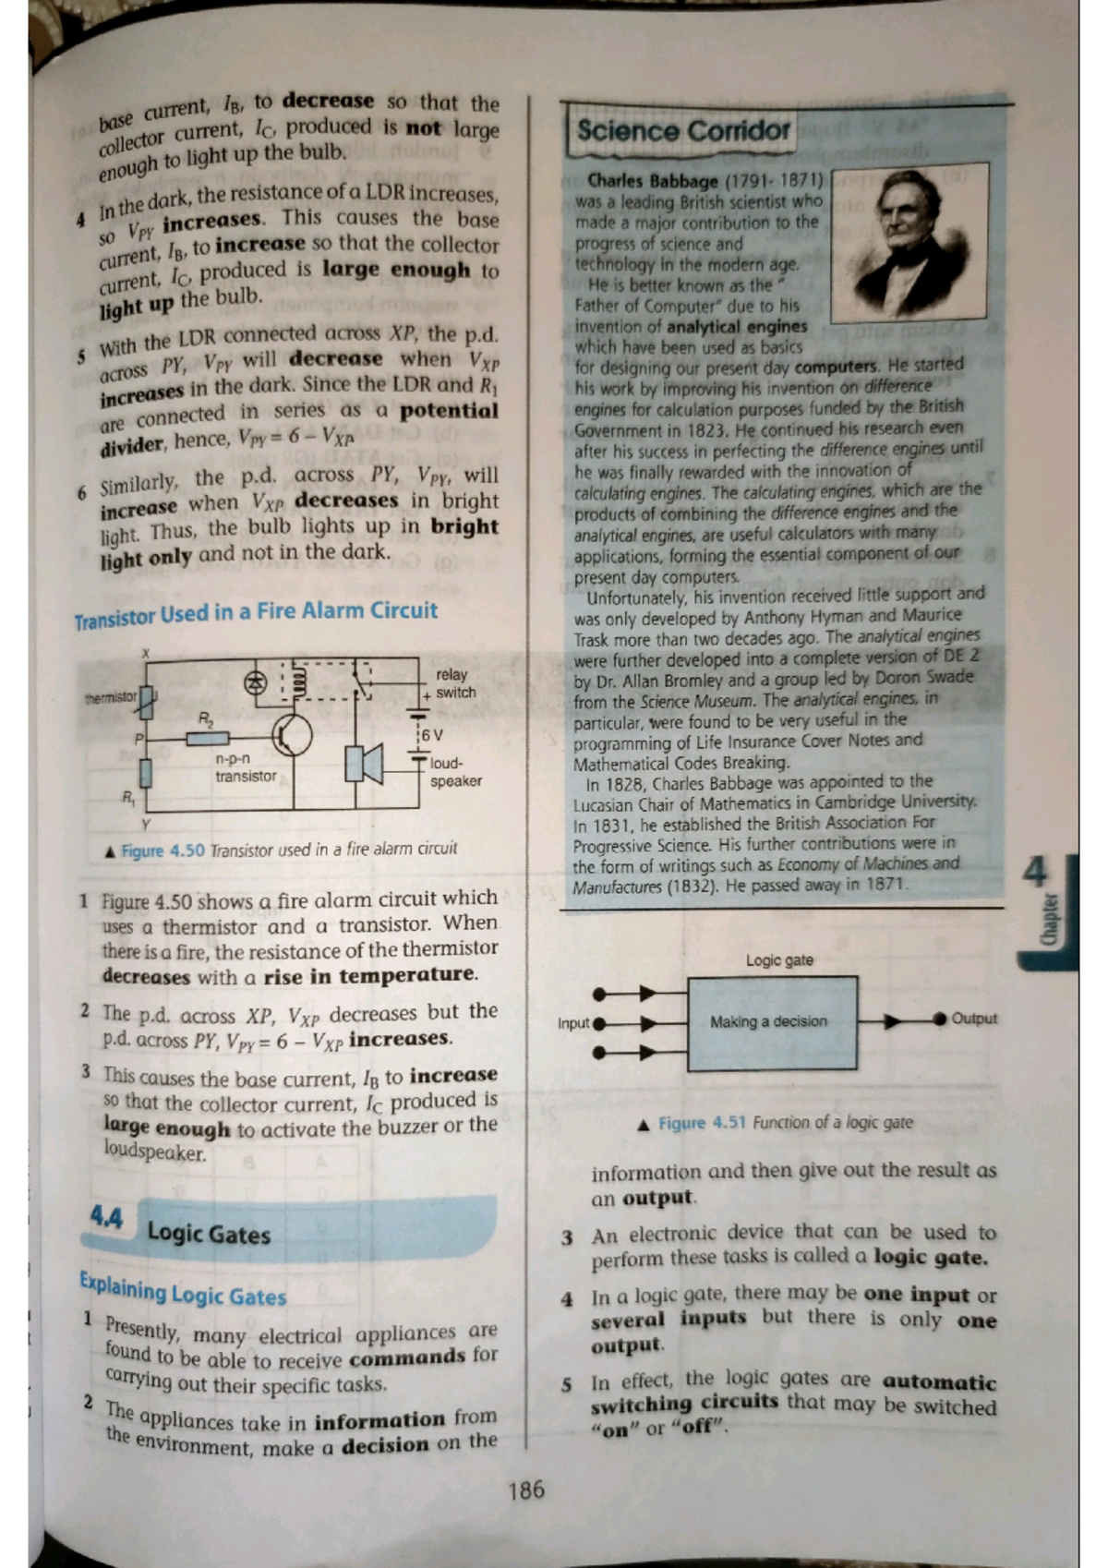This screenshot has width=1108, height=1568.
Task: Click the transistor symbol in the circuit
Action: pyautogui.click(x=292, y=736)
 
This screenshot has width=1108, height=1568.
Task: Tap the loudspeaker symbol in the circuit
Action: pyautogui.click(x=364, y=764)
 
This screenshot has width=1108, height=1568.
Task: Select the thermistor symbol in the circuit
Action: pyautogui.click(x=147, y=702)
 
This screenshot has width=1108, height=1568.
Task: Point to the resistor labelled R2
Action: pyautogui.click(x=208, y=738)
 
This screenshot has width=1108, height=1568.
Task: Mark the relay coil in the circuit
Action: pyautogui.click(x=297, y=680)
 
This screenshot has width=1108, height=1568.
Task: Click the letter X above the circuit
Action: pyautogui.click(x=146, y=653)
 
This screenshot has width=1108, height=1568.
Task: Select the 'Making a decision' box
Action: pyautogui.click(x=772, y=1022)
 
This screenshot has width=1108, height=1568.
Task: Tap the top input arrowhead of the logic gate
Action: pyautogui.click(x=649, y=994)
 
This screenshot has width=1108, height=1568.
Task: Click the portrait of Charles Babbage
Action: pyautogui.click(x=909, y=244)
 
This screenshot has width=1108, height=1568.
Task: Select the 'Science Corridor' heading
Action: pyautogui.click(x=683, y=131)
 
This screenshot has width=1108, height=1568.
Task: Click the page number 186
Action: pyautogui.click(x=526, y=1490)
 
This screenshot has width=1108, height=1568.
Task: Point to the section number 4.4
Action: pyautogui.click(x=105, y=1219)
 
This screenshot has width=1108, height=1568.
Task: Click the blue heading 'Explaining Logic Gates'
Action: pyautogui.click(x=183, y=1289)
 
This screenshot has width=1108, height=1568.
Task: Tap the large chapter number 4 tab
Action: pyautogui.click(x=1037, y=872)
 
